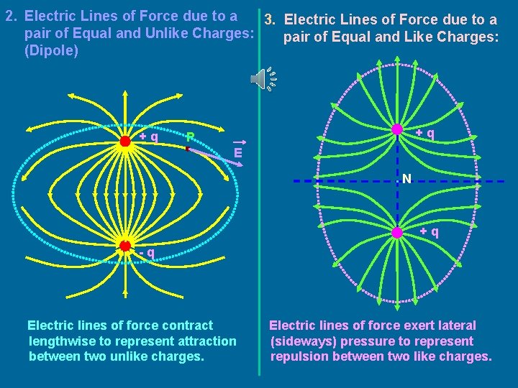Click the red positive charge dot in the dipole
pos(125,141)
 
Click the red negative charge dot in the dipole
pos(125,245)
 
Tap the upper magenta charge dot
pos(396,129)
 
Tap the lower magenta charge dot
pos(396,232)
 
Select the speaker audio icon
pos(263,79)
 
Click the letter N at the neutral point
pos(407,178)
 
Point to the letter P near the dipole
pos(190,136)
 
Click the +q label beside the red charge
pos(149,136)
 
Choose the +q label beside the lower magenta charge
pos(430,232)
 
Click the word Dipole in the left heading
pos(51,52)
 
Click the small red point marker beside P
pos(186,149)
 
